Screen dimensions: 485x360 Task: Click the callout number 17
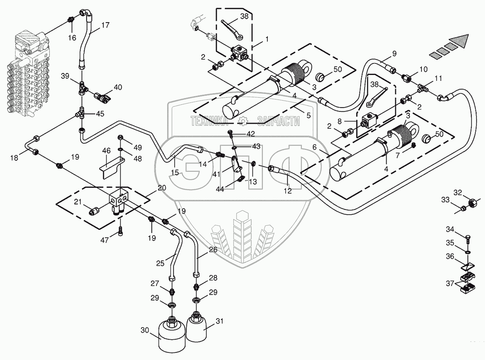105,25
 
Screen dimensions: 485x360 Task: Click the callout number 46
106,151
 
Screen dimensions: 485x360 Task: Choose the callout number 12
288,191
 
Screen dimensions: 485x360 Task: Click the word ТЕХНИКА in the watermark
209,121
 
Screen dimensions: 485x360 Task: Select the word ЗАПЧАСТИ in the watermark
279,121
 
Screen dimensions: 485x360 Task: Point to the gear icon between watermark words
243,121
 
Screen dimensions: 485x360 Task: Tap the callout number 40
118,87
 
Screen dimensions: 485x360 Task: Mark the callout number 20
162,188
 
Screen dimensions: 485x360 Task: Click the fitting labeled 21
94,211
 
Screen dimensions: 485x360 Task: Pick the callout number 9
394,53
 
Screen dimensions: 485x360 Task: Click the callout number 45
100,114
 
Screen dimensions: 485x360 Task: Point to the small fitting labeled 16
70,20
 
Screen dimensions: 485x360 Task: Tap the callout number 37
450,284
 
